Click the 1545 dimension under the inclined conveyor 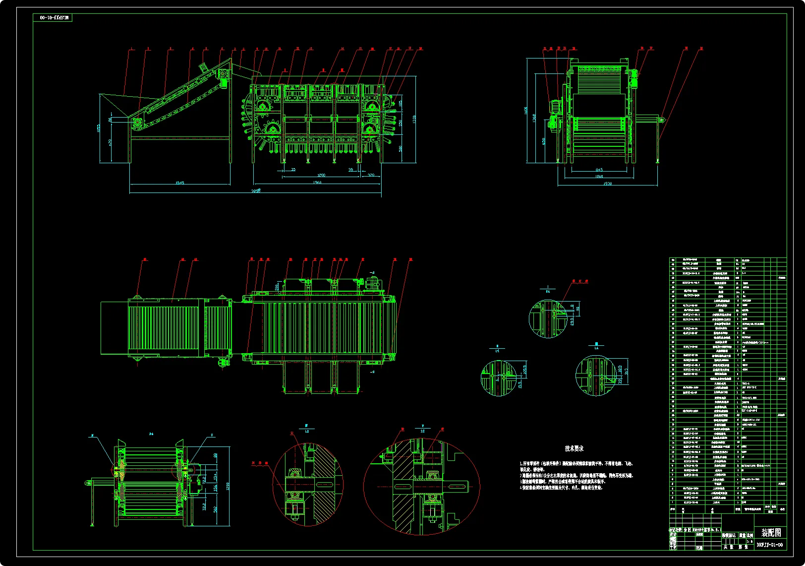click(179, 183)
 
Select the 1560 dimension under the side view click(317, 182)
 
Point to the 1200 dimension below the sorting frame click(321, 175)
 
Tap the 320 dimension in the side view click(371, 175)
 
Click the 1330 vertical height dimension click(414, 119)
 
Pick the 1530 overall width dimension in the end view click(608, 184)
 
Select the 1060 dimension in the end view click(599, 176)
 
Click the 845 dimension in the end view click(599, 170)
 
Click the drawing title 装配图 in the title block click(771, 533)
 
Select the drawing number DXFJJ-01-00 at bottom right click(770, 545)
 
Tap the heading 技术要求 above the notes click(574, 448)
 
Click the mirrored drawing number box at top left click(53, 18)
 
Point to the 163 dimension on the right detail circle click(627, 372)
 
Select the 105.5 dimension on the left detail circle click(525, 370)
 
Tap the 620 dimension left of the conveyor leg click(110, 142)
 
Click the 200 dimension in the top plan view click(277, 287)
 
